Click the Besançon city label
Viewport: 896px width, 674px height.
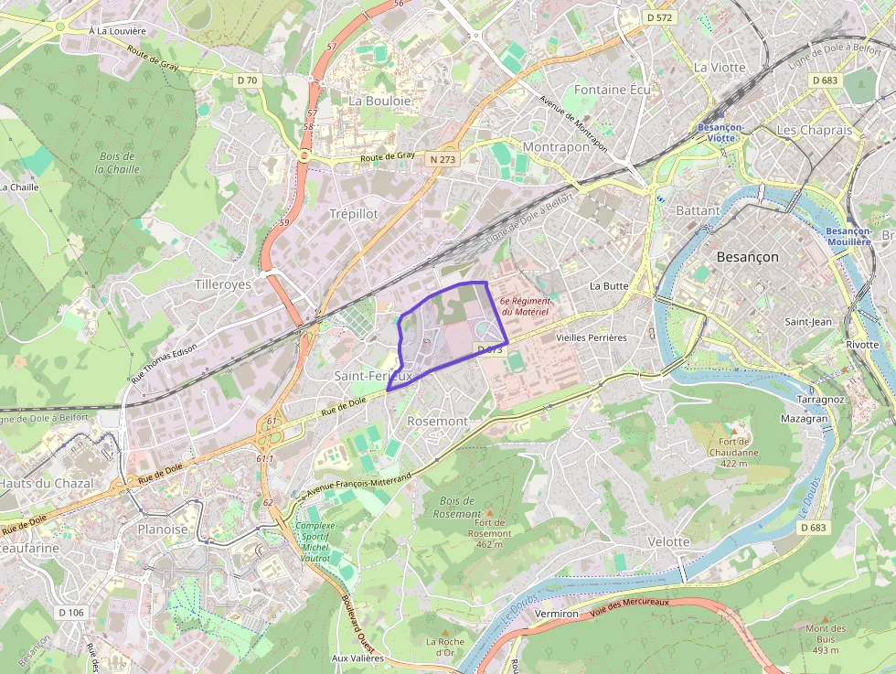tap(747, 257)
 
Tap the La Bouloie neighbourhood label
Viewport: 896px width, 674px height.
tap(379, 100)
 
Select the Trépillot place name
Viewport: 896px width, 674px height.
tap(353, 213)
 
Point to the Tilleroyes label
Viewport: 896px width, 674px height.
tap(222, 284)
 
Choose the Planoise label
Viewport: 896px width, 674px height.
tap(162, 529)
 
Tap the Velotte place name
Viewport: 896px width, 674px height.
tap(668, 541)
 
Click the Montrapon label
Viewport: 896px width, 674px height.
tap(556, 146)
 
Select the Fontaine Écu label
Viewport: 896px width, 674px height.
tap(613, 90)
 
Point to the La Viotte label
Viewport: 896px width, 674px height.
tap(720, 67)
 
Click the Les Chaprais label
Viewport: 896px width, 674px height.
tap(814, 130)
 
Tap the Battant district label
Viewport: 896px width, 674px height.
tap(698, 210)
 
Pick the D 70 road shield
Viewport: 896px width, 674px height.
tap(247, 80)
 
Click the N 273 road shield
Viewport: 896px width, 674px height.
tap(442, 159)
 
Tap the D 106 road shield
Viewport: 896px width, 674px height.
tap(70, 612)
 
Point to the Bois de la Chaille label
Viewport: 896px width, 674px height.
tap(118, 162)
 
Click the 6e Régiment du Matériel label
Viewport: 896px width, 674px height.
tap(524, 306)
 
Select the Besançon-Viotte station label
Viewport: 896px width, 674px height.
tap(720, 133)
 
